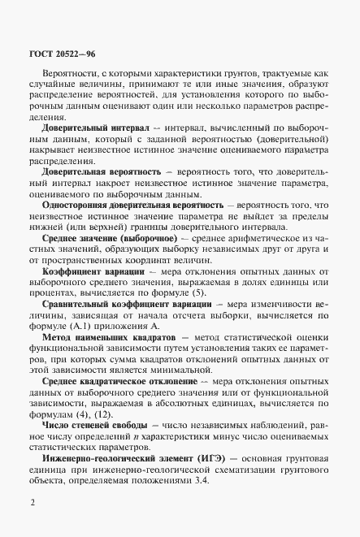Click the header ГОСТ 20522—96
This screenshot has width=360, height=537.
56,54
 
